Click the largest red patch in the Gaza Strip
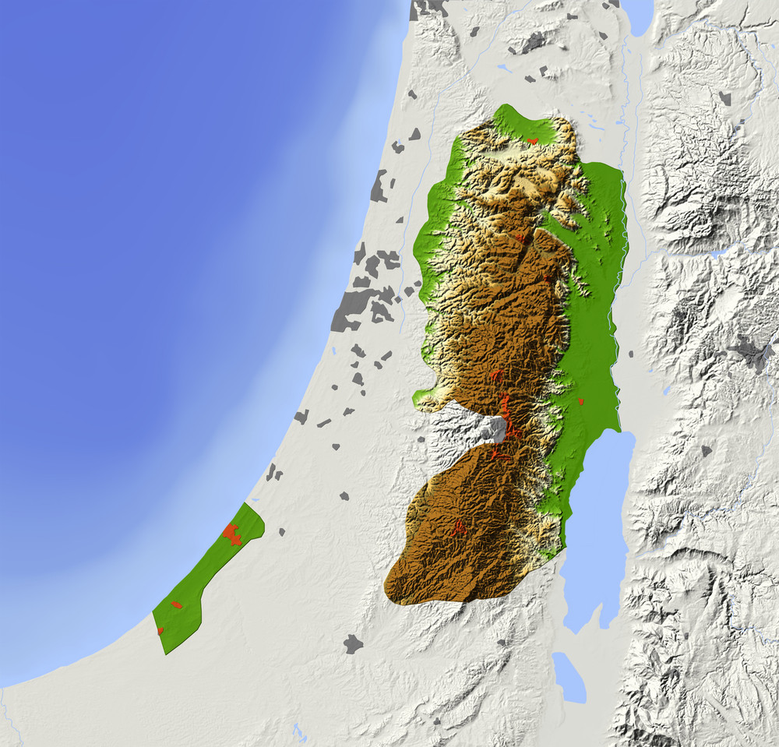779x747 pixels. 231,534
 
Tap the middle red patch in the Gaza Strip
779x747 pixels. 177,604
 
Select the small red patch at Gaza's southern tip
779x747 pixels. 160,630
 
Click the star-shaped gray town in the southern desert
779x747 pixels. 353,643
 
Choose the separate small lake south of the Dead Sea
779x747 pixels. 569,677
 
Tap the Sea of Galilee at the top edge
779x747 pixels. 637,16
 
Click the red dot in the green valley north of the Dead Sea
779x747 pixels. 581,402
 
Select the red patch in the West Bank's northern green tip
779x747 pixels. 533,140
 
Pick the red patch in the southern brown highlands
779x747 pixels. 459,529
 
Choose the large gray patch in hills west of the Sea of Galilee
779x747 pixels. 533,43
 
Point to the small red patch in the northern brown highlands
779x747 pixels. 520,236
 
